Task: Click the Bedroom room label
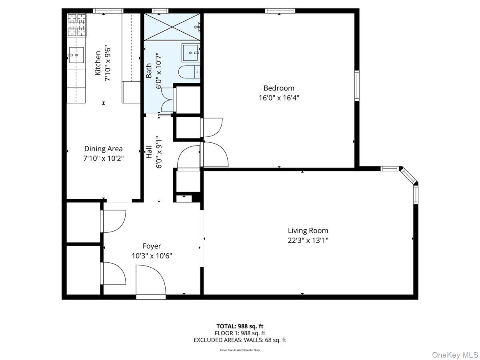pyautogui.click(x=279, y=88)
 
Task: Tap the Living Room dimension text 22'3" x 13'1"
pyautogui.click(x=308, y=240)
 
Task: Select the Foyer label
pyautogui.click(x=152, y=246)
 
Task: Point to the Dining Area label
pyautogui.click(x=103, y=149)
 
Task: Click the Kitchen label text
pyautogui.click(x=98, y=63)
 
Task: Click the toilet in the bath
pyautogui.click(x=188, y=73)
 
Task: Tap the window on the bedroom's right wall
pyautogui.click(x=357, y=85)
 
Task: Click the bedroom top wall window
pyautogui.click(x=280, y=11)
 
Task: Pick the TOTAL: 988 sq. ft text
pyautogui.click(x=240, y=326)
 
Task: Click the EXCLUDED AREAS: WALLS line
pyautogui.click(x=240, y=340)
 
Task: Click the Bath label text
pyautogui.click(x=149, y=70)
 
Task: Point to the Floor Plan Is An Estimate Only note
pyautogui.click(x=240, y=350)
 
